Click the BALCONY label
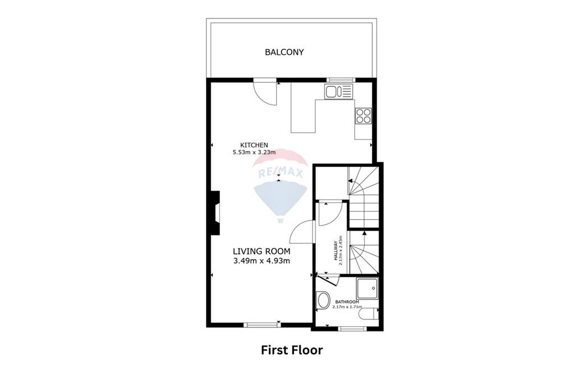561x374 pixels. pyautogui.click(x=284, y=52)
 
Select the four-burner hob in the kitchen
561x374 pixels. pyautogui.click(x=363, y=116)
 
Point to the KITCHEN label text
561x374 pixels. pyautogui.click(x=250, y=145)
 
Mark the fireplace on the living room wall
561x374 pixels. pyautogui.click(x=214, y=212)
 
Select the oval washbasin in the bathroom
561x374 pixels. pyautogui.click(x=323, y=301)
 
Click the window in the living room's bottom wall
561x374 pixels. pyautogui.click(x=263, y=324)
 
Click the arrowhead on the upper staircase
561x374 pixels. pyautogui.click(x=350, y=181)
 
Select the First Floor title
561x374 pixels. pyautogui.click(x=292, y=350)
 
